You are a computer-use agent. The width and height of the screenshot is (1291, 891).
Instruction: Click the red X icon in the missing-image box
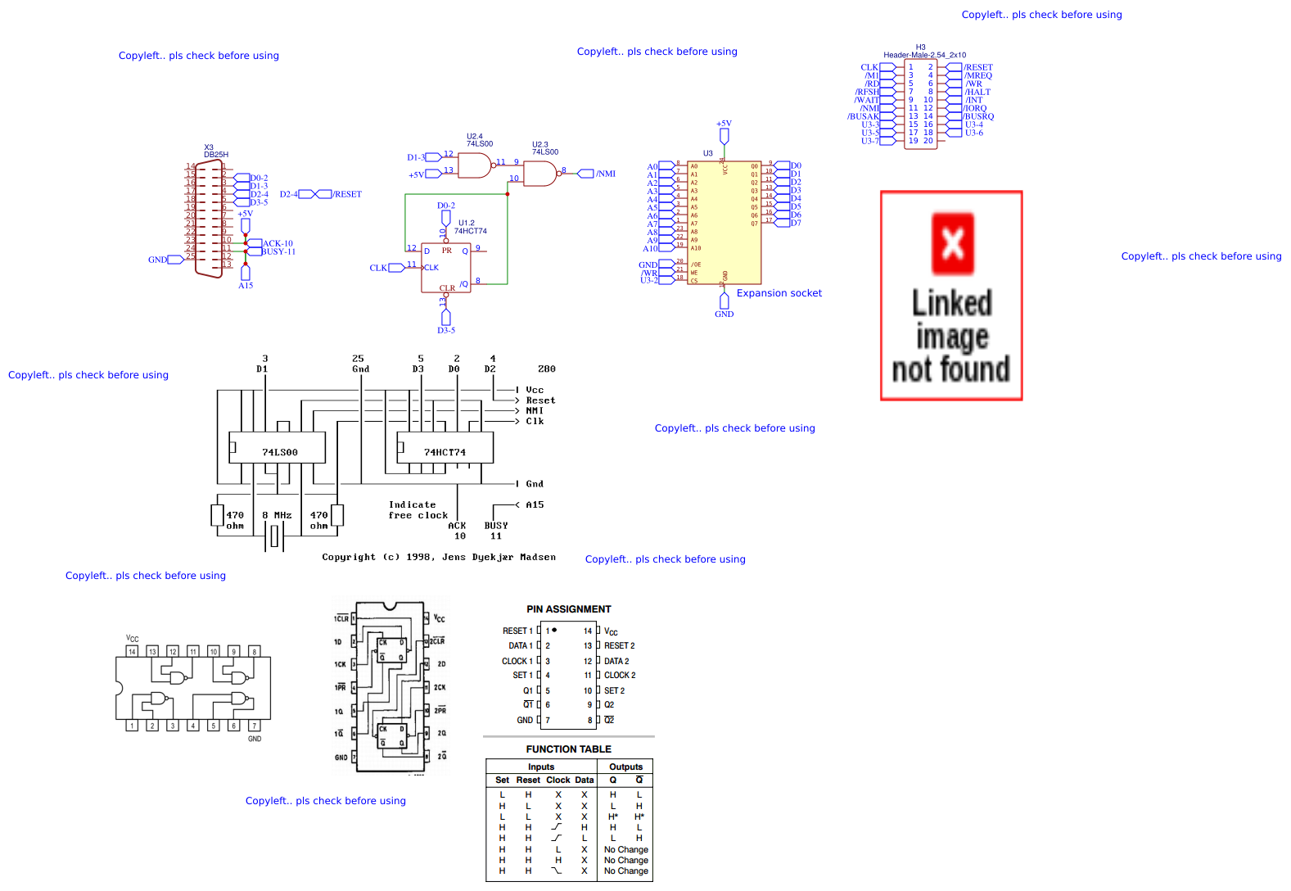[953, 243]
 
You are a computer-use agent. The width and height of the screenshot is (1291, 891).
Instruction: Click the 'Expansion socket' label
[779, 293]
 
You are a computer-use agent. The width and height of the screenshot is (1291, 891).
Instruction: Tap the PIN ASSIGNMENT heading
[568, 609]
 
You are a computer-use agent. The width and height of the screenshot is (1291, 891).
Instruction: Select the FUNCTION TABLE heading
[568, 749]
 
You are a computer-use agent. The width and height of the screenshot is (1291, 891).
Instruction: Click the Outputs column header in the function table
[625, 767]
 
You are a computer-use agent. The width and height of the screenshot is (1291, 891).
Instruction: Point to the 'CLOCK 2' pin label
[620, 676]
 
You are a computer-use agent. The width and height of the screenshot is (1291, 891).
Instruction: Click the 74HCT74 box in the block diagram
[445, 452]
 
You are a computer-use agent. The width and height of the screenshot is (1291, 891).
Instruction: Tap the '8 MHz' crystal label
[277, 516]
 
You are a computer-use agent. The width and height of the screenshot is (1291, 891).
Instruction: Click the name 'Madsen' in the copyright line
[538, 557]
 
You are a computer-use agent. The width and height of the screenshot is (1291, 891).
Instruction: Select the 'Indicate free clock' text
[418, 510]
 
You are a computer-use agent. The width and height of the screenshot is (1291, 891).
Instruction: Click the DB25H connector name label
[216, 155]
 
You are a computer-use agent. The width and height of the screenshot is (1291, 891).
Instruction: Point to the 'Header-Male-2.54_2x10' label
[924, 55]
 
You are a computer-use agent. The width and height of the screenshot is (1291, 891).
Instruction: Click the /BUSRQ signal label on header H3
[978, 116]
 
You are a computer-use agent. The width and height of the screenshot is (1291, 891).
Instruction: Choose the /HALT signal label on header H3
[977, 92]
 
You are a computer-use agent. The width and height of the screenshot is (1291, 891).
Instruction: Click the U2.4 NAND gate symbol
[475, 165]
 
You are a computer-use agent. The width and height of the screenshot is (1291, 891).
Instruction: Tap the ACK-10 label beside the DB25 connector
[278, 243]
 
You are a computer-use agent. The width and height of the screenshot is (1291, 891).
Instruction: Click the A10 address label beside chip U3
[650, 248]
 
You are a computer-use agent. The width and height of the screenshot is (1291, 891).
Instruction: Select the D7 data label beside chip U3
[796, 223]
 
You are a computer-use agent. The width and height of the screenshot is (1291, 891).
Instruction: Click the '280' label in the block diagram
[547, 369]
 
